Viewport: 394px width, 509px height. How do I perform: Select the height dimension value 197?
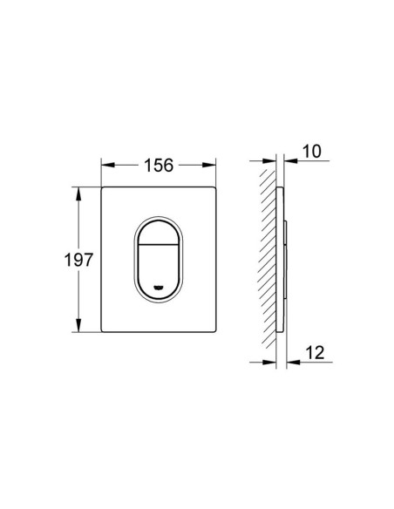tap(80, 259)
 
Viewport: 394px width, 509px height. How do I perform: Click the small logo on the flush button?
tap(160, 286)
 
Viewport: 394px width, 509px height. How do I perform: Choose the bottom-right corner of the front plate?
tap(214, 331)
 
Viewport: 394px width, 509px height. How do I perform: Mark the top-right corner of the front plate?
tap(214, 187)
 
